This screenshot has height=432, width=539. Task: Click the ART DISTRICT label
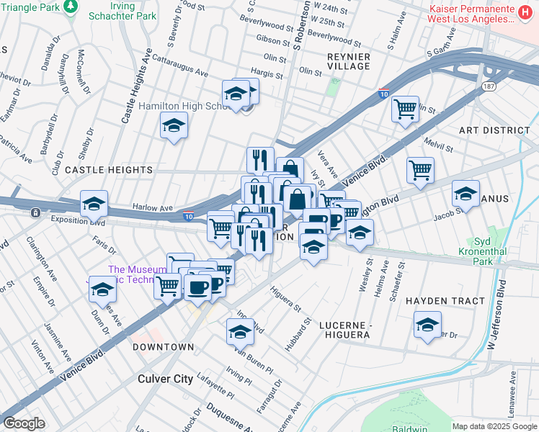(494, 130)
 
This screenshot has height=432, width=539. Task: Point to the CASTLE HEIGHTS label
(109, 170)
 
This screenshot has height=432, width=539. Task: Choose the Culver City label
(166, 378)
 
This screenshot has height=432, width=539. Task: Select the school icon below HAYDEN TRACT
(427, 325)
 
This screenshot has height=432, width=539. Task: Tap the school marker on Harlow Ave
(94, 204)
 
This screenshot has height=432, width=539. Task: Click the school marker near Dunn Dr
(103, 289)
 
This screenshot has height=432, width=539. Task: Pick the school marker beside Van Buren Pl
(240, 331)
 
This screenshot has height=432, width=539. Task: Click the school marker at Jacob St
(465, 194)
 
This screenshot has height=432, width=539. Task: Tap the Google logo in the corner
(23, 423)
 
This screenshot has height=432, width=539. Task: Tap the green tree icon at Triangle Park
(70, 6)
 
